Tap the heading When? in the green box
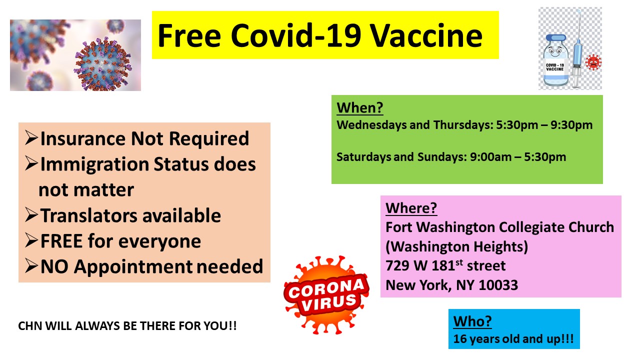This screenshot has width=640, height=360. (360, 108)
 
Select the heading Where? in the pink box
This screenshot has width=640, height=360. (411, 208)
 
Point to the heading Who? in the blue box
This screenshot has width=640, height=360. (472, 321)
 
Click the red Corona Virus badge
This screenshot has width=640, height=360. (326, 295)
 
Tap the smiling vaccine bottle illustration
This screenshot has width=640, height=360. (555, 60)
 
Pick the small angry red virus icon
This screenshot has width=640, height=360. (593, 62)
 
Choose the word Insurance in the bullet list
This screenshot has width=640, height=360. (83, 139)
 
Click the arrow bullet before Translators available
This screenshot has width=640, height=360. (31, 215)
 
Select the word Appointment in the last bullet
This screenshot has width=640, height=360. (133, 267)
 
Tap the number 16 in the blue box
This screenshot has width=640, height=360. (459, 339)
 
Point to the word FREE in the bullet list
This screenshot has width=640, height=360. (61, 241)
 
